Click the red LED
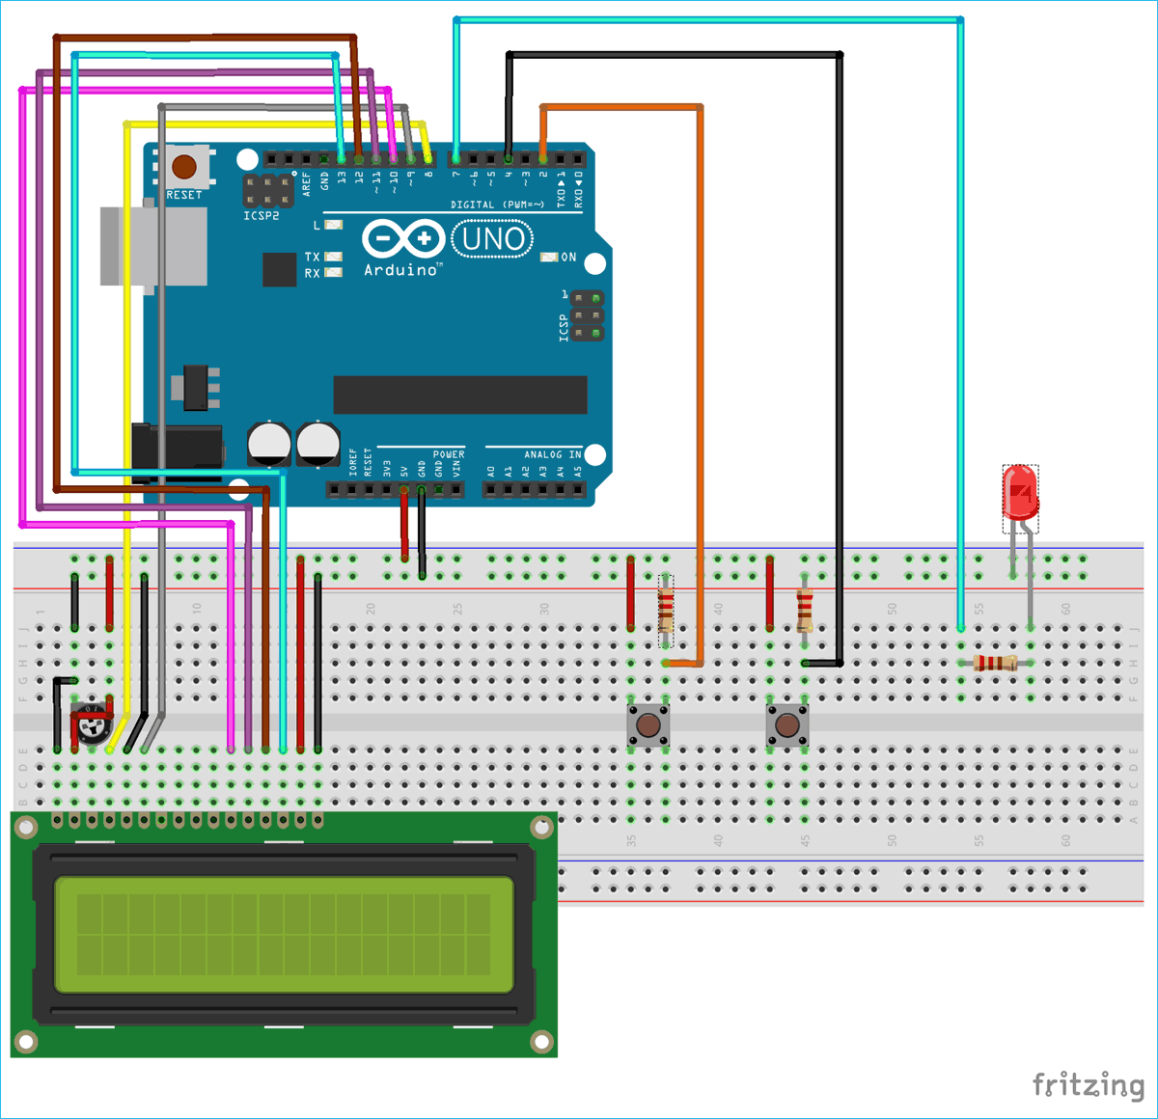[x=1020, y=494]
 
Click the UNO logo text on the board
[x=492, y=238]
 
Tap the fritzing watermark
[x=1088, y=1085]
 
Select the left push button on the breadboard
[x=648, y=724]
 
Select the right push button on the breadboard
[x=787, y=724]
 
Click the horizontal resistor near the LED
[x=995, y=663]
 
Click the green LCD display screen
[x=284, y=934]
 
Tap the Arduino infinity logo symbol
[x=403, y=238]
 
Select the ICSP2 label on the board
[x=261, y=216]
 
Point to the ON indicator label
[x=568, y=258]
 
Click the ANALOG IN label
[x=552, y=454]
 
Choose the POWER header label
[x=449, y=454]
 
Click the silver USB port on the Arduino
[x=153, y=246]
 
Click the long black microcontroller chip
[x=460, y=395]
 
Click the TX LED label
[x=312, y=258]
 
